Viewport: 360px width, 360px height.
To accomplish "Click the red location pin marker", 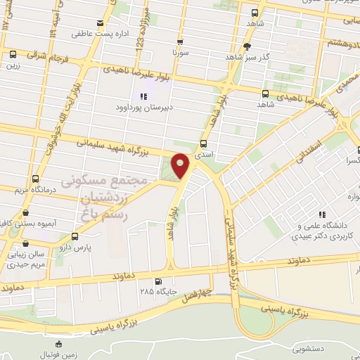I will tap(181, 166).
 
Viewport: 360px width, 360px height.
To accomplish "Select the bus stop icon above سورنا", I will tap(181, 41).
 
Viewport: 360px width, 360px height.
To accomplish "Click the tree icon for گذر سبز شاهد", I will tap(246, 47).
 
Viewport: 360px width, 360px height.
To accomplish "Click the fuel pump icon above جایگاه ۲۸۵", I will tap(146, 279).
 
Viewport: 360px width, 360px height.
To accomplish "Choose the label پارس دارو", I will tap(75, 249).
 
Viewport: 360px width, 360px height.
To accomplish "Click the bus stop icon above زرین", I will tap(13, 54).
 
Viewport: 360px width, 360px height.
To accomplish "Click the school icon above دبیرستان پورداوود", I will tap(144, 96).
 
